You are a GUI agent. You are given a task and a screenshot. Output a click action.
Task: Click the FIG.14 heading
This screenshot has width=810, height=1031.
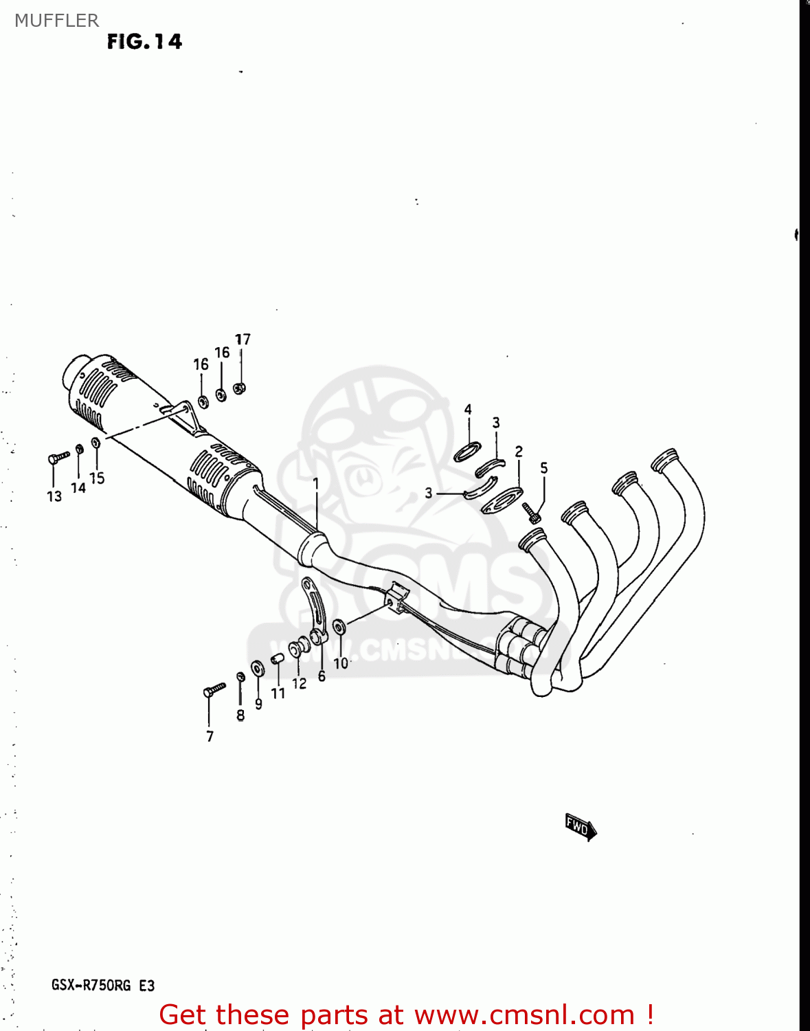click(144, 42)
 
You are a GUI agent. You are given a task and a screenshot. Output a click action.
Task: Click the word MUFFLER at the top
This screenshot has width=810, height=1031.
click(56, 21)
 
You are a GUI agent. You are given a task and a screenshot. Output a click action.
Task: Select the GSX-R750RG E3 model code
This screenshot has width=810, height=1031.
click(103, 985)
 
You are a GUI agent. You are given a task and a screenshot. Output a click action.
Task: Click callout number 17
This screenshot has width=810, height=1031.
click(243, 340)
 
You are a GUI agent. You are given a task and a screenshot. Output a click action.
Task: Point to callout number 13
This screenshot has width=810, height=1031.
click(54, 496)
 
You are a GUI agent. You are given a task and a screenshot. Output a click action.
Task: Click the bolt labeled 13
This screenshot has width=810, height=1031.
click(58, 457)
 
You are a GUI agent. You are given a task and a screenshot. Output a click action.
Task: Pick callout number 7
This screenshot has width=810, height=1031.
click(210, 736)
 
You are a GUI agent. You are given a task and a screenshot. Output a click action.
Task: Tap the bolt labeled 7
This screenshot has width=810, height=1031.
click(214, 689)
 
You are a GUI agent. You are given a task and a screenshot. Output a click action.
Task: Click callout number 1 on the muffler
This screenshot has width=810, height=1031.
click(316, 483)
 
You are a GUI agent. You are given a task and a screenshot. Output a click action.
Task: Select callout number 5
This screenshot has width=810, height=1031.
click(543, 468)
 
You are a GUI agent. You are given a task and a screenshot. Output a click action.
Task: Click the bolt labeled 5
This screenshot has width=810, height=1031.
click(532, 512)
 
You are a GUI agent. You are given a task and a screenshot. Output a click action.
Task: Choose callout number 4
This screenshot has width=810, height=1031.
click(468, 410)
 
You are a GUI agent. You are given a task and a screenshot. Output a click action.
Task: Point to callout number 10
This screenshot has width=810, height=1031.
click(341, 663)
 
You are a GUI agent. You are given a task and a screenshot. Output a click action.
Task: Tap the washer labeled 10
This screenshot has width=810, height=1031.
click(339, 627)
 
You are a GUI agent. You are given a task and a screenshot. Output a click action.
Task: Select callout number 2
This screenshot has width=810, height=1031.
click(519, 451)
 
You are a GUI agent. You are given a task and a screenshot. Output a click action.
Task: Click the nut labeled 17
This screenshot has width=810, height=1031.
click(240, 388)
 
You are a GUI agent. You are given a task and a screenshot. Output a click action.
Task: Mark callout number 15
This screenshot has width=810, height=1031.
click(97, 478)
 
